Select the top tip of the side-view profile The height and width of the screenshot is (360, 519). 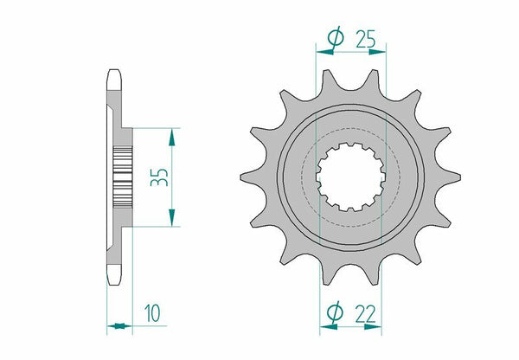coord(112,74)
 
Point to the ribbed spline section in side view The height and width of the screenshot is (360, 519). coord(122,177)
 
